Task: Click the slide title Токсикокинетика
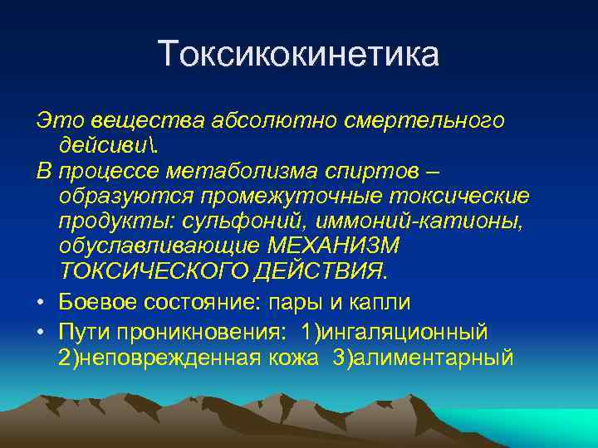tap(299, 55)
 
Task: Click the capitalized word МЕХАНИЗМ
tap(334, 246)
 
